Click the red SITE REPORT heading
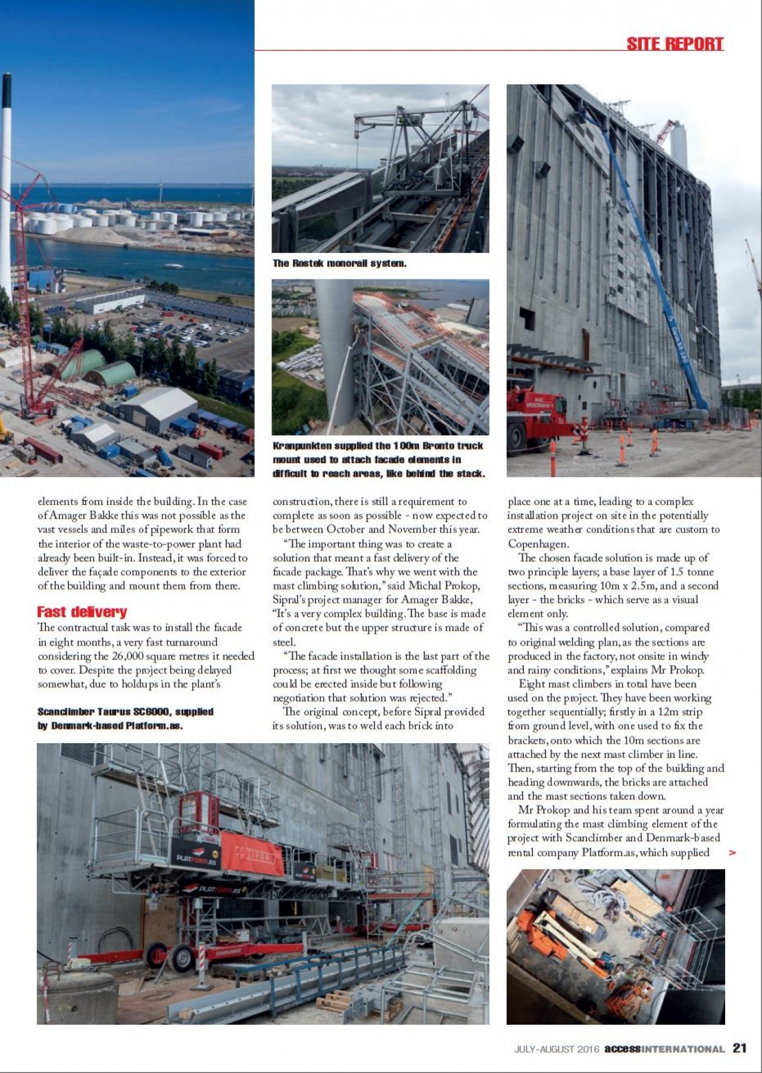tap(674, 43)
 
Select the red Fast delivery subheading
tap(82, 612)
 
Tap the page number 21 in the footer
tap(739, 1049)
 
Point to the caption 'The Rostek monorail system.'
tap(339, 263)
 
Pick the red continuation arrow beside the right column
tap(732, 853)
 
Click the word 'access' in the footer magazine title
tap(622, 1049)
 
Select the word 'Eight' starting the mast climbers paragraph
tap(531, 684)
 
